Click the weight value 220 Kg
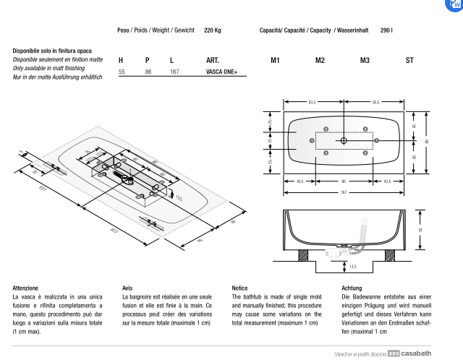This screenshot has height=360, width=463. coord(213,30)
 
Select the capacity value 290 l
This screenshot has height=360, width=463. coord(386,30)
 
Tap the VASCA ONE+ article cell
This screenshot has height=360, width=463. coord(221,72)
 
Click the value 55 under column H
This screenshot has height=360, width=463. coord(122,72)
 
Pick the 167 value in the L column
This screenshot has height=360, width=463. coord(174,72)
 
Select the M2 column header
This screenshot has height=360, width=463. coord(320,60)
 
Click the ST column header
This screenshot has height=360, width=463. coord(409,60)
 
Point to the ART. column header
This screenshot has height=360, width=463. coord(213,60)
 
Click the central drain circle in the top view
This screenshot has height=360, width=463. coord(344,140)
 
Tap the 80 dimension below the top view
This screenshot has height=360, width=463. coord(344,181)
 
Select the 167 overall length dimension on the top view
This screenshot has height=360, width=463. coord(344,193)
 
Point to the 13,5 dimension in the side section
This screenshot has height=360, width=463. coord(352,267)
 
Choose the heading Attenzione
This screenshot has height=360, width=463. coord(25,288)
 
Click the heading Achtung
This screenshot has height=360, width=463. coord(352,288)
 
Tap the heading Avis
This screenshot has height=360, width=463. coord(127,288)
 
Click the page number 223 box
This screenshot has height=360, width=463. coord(394,353)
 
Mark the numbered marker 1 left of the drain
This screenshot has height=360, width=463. coord(311,140)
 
